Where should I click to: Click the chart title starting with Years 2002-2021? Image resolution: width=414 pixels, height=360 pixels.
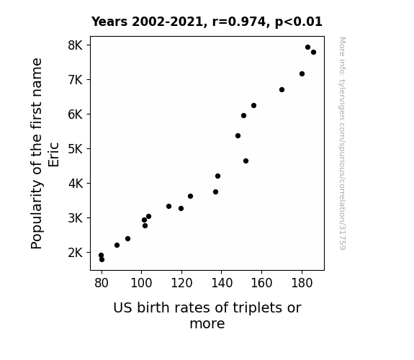(x=207, y=22)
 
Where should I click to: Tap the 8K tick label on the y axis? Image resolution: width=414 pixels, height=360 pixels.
(x=76, y=45)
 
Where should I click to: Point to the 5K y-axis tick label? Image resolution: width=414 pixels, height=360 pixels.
(x=76, y=149)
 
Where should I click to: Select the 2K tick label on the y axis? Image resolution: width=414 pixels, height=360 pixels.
(x=76, y=253)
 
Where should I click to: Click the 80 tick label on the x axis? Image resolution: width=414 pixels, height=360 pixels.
(x=102, y=283)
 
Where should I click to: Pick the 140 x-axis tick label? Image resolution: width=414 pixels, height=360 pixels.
(x=222, y=283)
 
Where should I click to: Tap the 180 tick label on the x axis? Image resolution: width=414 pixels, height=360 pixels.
(x=302, y=283)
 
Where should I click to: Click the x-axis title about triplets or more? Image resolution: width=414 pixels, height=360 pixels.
(x=207, y=315)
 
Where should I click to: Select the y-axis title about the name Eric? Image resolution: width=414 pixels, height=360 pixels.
(x=45, y=153)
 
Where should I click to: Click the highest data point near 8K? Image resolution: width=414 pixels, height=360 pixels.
(x=307, y=48)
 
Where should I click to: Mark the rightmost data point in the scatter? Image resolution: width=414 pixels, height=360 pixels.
(x=313, y=53)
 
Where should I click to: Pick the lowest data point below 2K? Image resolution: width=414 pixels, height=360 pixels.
(x=102, y=260)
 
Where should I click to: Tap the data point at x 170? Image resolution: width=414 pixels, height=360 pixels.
(x=282, y=90)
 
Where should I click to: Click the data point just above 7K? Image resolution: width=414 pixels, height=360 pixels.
(x=302, y=74)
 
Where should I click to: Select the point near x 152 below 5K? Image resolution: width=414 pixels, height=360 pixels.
(x=246, y=161)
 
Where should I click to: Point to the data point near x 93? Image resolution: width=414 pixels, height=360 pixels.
(x=127, y=239)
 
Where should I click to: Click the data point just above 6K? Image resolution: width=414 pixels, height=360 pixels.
(x=253, y=106)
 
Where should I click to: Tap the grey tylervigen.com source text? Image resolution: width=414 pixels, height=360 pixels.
(x=342, y=143)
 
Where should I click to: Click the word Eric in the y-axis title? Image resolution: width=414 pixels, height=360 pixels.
(x=53, y=155)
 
